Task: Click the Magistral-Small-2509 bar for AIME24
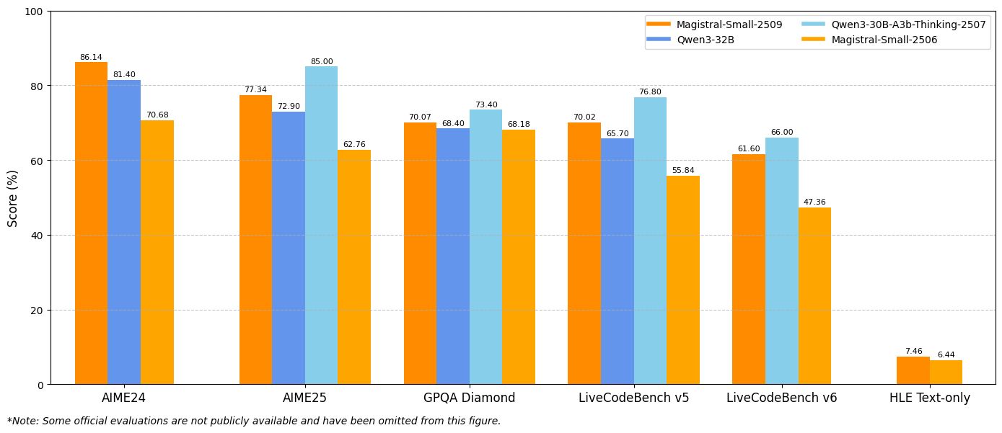[x=91, y=223]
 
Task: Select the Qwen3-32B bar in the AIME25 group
[x=289, y=248]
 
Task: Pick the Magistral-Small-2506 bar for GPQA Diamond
[x=519, y=256]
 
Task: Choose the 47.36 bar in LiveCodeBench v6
[x=814, y=295]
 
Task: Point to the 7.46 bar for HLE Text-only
[x=913, y=370]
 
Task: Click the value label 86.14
[x=91, y=57]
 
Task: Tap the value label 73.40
[x=486, y=104]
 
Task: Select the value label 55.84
[x=683, y=170]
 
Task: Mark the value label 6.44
[x=946, y=354]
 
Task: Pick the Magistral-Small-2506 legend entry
[x=884, y=40]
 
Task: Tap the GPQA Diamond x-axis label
[x=469, y=398]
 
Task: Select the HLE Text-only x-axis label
[x=929, y=398]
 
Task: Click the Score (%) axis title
[x=13, y=198]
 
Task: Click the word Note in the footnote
[x=25, y=421]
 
